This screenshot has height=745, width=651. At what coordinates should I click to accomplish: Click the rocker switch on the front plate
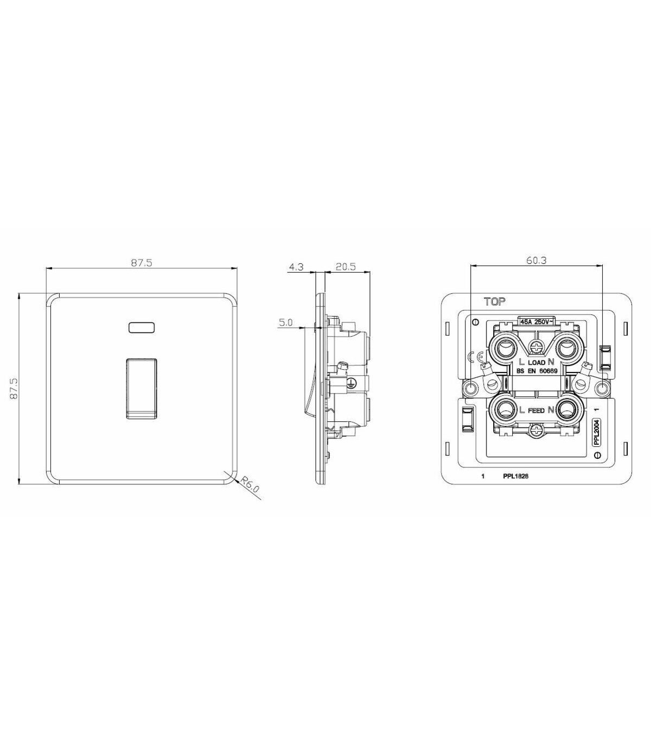[x=142, y=388]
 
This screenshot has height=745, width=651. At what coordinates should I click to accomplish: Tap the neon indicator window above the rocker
[x=141, y=327]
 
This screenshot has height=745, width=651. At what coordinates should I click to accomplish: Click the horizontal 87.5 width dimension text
[x=142, y=262]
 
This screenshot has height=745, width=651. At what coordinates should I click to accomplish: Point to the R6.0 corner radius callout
[x=250, y=485]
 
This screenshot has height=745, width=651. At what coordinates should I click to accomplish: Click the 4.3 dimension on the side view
[x=296, y=267]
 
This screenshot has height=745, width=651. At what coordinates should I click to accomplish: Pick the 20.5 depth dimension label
[x=346, y=267]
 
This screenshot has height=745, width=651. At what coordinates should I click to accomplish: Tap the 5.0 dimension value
[x=285, y=322]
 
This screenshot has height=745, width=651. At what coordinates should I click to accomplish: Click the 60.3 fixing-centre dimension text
[x=537, y=260]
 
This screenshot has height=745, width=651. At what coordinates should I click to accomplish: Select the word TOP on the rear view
[x=494, y=301]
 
